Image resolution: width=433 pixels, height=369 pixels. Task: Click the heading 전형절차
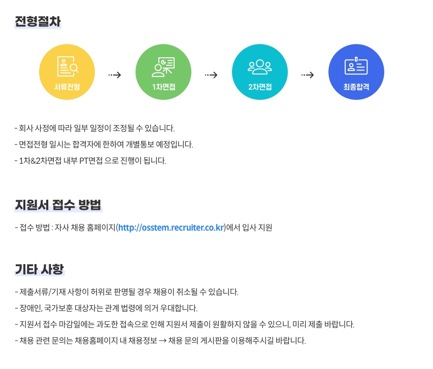click(x=38, y=21)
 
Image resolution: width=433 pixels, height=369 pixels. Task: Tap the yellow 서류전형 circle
click(x=67, y=72)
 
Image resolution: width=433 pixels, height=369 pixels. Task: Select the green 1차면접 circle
click(x=163, y=72)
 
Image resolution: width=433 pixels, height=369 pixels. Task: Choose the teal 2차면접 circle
click(x=260, y=72)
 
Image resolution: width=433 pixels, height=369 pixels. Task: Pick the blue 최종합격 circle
click(x=356, y=72)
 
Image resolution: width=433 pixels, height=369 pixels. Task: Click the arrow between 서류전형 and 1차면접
click(x=115, y=75)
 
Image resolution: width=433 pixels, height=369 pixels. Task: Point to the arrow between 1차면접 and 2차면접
click(x=211, y=75)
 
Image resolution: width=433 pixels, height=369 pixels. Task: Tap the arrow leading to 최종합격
click(x=308, y=75)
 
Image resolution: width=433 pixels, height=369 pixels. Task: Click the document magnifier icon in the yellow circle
click(x=68, y=66)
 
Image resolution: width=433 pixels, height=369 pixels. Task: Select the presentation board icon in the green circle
click(x=163, y=67)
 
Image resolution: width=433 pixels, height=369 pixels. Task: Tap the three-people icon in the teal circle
click(x=260, y=67)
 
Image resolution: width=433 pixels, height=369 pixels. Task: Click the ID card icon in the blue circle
click(x=356, y=66)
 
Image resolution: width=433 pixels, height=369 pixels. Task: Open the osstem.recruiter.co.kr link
click(x=171, y=228)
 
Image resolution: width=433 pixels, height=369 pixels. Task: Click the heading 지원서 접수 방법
click(x=58, y=205)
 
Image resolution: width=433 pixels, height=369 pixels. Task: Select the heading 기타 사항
click(x=39, y=269)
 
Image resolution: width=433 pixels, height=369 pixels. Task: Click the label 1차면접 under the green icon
click(x=163, y=87)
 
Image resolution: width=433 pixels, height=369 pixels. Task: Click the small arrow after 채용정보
click(x=162, y=341)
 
